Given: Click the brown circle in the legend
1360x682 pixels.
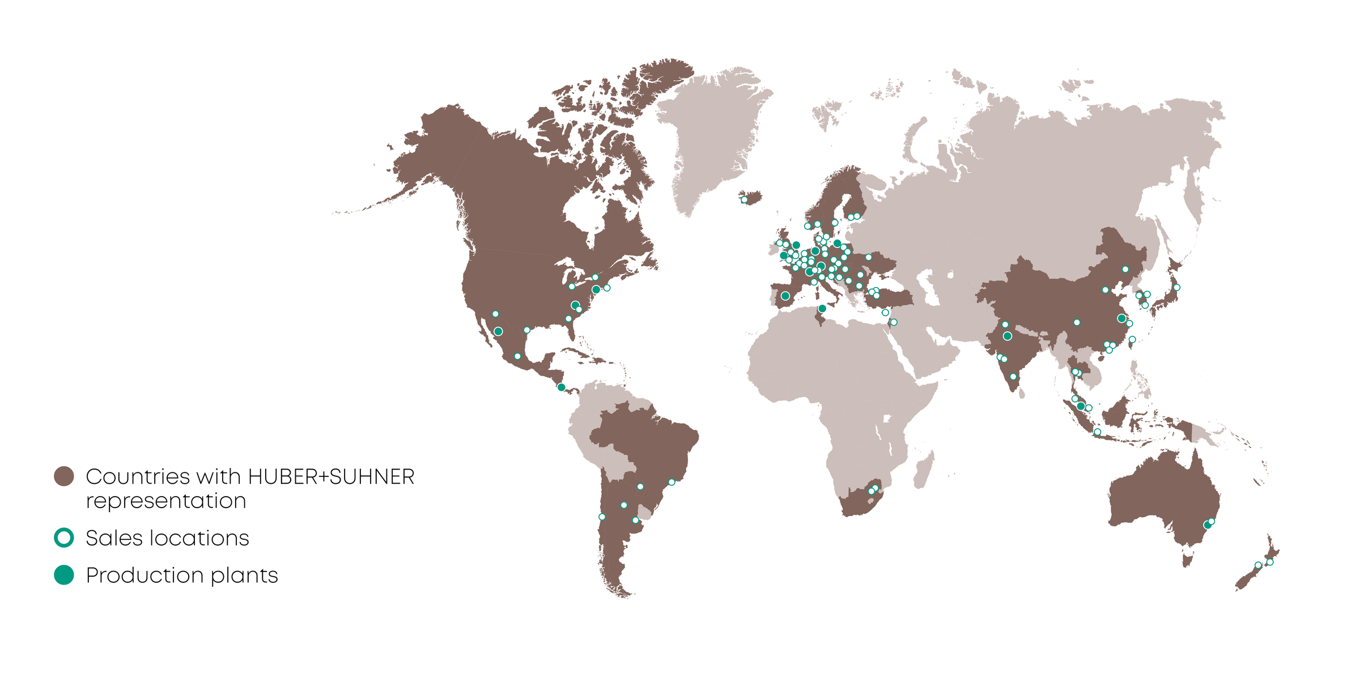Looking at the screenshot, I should click(64, 476).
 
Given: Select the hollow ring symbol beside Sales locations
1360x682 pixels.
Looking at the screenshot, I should click(64, 538).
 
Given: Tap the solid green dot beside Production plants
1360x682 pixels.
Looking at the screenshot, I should click(64, 575).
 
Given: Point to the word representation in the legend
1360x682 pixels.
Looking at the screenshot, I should click(166, 501).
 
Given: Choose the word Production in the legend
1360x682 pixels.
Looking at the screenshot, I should click(145, 576).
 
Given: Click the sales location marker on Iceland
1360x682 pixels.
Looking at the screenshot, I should click(744, 200).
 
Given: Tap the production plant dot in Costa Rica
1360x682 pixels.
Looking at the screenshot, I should click(561, 387).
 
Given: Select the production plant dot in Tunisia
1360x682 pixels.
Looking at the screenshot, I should click(822, 309).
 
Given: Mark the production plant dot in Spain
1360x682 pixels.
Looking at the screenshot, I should click(785, 296).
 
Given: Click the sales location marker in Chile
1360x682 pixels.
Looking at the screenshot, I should click(602, 517).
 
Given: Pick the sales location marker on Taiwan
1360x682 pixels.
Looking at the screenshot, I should click(1132, 340).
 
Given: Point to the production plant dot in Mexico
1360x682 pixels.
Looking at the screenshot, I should click(498, 331).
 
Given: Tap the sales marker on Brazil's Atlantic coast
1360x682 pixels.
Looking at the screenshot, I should click(671, 483).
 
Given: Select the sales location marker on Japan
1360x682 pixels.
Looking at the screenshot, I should click(1176, 288).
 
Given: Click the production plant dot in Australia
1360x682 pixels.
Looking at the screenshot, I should click(1207, 526).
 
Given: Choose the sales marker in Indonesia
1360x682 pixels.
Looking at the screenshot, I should click(1097, 432).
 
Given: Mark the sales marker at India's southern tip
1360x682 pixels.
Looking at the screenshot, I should click(1013, 377).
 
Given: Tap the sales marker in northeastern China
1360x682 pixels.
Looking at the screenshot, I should click(1125, 270).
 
